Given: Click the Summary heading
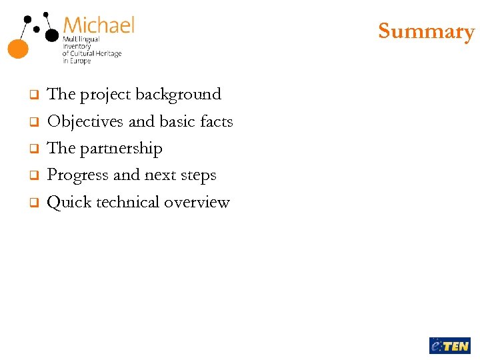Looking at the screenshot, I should pyautogui.click(x=426, y=31).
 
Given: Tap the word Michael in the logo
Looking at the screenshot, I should pyautogui.click(x=99, y=26).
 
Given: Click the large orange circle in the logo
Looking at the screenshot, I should pyautogui.click(x=18, y=47).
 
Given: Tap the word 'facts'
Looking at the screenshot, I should pyautogui.click(x=216, y=121).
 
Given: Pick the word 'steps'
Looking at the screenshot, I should pyautogui.click(x=198, y=175).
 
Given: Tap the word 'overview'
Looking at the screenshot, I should pyautogui.click(x=197, y=202).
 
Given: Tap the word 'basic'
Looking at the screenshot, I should pyautogui.click(x=178, y=121).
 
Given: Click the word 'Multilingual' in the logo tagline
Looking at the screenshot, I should pyautogui.click(x=81, y=39).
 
